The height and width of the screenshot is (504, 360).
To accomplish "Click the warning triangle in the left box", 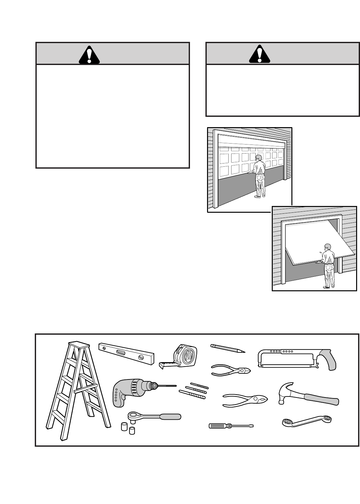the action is [89, 54].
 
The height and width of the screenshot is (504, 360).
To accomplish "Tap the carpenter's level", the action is [126, 353].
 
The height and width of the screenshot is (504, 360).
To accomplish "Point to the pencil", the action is [227, 349].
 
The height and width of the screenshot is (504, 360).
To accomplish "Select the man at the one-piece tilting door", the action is [328, 266].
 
